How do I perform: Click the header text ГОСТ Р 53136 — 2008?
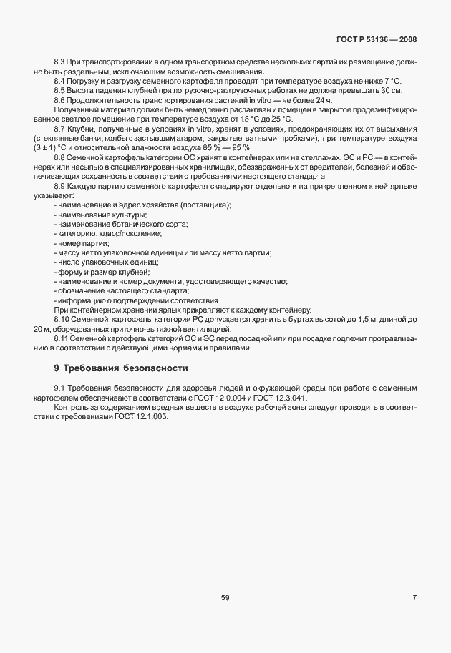pos(376,40)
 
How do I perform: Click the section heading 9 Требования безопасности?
pos(121,368)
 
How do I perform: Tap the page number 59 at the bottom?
pos(225,598)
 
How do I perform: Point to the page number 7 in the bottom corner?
pos(414,598)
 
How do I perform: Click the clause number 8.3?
pos(60,63)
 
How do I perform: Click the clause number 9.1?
pos(60,387)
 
